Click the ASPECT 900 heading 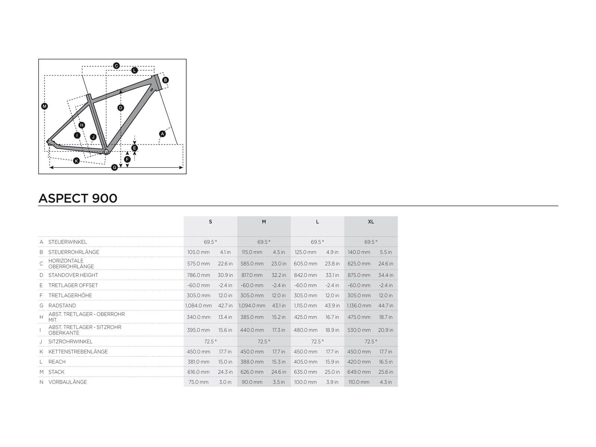78,198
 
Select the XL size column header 371,222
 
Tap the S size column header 210,222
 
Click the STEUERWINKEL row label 67,242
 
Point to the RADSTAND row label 62,305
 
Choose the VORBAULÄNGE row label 67,382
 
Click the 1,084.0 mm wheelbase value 199,305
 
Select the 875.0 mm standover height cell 359,275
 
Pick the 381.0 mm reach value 198,362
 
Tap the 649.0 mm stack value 359,372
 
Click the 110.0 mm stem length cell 359,382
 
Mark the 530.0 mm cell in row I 359,330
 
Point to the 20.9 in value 386,330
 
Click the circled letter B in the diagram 165,80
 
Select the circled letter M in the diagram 44,106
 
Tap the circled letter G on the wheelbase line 115,168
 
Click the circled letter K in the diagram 76,161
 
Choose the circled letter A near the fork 162,134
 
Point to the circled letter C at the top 116,66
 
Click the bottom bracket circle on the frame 106,151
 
